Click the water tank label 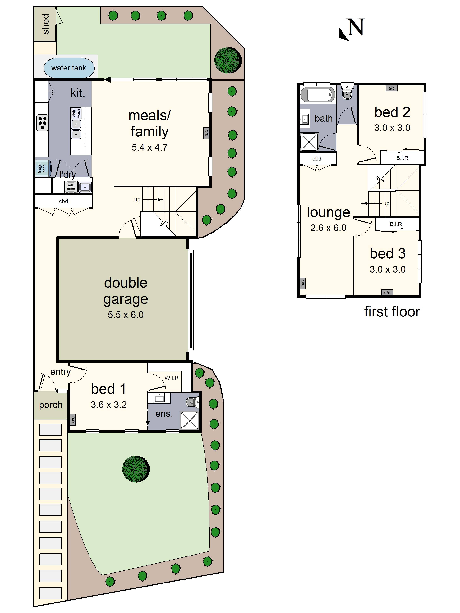[69, 68]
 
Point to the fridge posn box [43, 168]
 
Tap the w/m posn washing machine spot [71, 187]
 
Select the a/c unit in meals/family [206, 133]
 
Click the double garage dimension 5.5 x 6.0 [126, 315]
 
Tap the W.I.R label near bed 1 [172, 378]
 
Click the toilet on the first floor [347, 91]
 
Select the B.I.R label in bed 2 [402, 158]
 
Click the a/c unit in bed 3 [387, 292]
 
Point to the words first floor [392, 311]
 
